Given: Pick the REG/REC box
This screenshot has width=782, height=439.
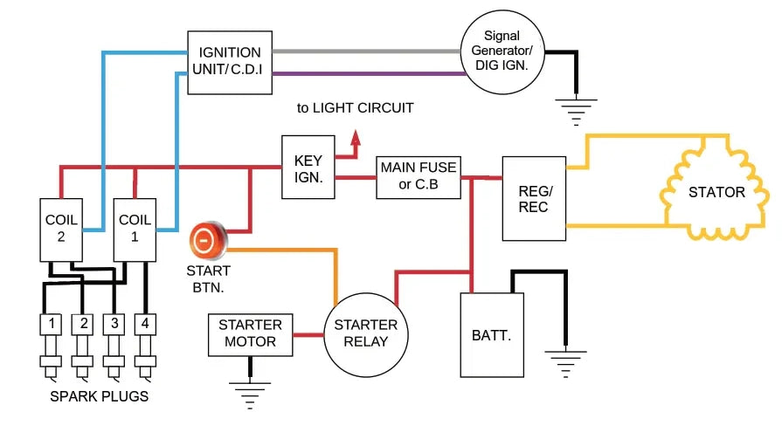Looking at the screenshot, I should coord(534,198).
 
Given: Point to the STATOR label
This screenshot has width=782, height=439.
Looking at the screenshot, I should coord(716,192).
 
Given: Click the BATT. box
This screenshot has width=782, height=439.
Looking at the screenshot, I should coord(492,334).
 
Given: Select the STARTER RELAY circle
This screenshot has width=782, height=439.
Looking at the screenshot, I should coord(366,333).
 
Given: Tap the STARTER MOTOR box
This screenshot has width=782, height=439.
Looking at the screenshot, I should coord(247,334).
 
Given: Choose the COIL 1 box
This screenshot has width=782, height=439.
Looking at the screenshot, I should coord(135,229).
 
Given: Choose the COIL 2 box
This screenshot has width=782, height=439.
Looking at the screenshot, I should coord(60,229).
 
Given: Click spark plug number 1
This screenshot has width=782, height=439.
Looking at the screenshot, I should coord(52,326).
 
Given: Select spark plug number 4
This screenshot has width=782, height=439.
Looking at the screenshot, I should coord(145,326).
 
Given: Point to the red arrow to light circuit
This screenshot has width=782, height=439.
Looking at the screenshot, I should coord(355,141).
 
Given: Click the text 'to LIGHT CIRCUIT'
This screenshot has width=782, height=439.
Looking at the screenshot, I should coord(355,108).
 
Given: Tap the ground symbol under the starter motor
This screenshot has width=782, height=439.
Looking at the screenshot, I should coord(251,394).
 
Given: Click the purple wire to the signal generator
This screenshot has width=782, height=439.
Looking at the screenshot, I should coord(367,73).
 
